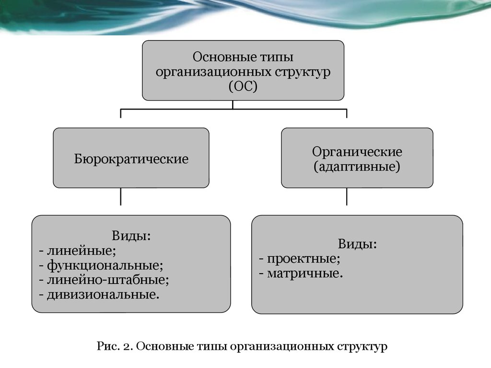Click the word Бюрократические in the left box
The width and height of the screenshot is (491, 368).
coord(131,159)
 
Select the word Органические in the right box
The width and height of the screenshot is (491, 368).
coord(357,152)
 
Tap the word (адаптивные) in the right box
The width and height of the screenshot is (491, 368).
coord(357,166)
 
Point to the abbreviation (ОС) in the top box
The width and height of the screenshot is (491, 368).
coord(243,86)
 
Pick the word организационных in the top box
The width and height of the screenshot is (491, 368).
coord(213,72)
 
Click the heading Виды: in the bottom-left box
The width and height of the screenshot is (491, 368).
coord(131,236)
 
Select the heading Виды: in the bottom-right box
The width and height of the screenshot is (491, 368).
coord(357,244)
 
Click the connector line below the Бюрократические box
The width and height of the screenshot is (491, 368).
coord(120,196)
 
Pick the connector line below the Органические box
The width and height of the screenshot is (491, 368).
coord(347,196)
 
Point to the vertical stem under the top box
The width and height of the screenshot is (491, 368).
coord(233,104)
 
